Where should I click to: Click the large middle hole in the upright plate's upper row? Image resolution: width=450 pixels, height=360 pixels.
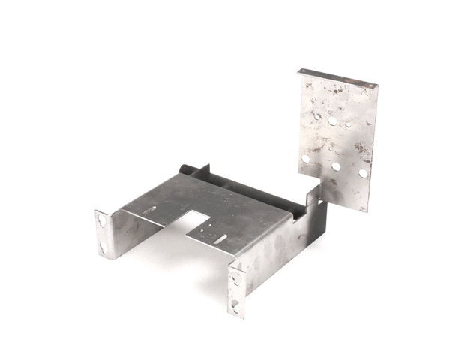[x=332, y=120]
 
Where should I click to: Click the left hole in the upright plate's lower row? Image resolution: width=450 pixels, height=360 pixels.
[x=305, y=159]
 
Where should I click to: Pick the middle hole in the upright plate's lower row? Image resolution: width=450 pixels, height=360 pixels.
[x=336, y=166]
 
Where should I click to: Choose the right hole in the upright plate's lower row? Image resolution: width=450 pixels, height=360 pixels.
[x=363, y=173]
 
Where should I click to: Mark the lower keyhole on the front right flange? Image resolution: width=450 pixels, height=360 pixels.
[x=237, y=304]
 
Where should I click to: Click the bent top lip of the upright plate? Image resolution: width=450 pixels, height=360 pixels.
[x=337, y=76]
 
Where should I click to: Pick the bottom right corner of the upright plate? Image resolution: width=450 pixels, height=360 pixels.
[x=365, y=208]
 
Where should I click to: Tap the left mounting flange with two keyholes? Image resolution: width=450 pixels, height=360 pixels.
[x=106, y=233]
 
